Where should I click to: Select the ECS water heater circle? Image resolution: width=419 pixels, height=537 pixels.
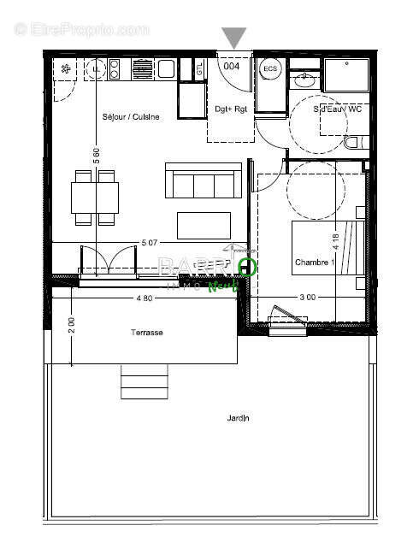270,68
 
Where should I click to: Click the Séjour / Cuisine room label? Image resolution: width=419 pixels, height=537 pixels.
131,117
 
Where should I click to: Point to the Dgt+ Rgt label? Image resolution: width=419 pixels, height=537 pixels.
230,109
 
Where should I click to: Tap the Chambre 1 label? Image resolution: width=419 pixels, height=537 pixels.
313,262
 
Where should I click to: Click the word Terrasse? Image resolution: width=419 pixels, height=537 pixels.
147,333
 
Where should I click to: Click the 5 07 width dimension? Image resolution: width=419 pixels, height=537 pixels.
150,243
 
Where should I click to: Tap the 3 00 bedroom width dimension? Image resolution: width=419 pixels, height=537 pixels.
308,298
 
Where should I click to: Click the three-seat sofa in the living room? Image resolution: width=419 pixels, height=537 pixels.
202,180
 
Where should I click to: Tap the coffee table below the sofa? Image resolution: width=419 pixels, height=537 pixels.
204,225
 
